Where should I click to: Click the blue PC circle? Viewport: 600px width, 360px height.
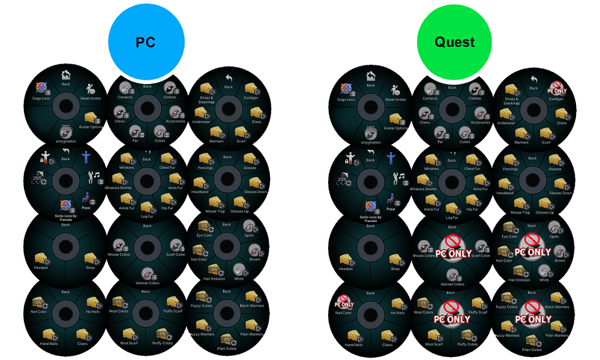146,42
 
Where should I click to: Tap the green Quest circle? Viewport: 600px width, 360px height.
454,42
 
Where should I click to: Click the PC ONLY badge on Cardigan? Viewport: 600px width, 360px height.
557,91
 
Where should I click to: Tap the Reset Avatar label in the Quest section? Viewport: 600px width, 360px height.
395,100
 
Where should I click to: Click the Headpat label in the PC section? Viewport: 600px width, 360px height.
41,268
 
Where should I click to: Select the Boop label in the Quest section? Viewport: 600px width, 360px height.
395,269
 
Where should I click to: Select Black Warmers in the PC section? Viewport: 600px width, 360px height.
252,307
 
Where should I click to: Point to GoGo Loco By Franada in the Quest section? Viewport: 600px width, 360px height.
371,218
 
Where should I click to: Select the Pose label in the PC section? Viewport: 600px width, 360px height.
86,209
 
